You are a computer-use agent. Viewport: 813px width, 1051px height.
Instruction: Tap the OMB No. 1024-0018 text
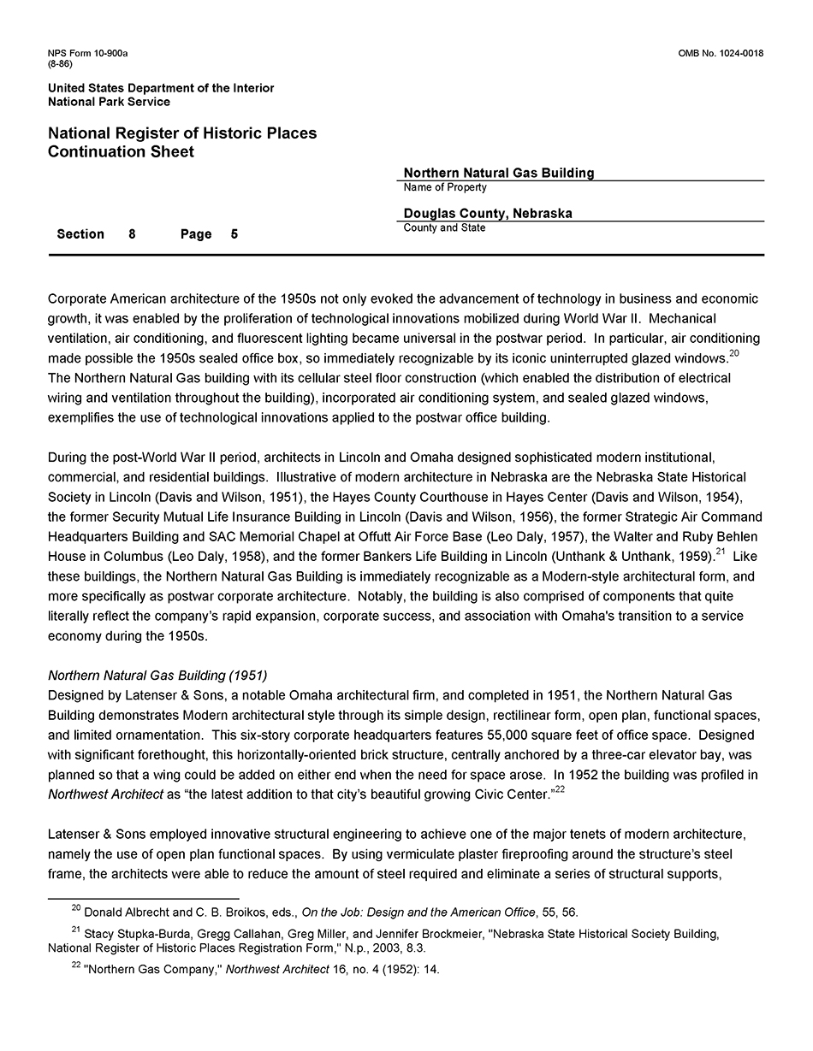[x=721, y=54]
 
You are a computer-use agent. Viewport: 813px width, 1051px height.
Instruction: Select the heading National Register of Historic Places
[x=182, y=133]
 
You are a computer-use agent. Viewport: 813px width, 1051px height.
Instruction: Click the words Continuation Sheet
[x=121, y=152]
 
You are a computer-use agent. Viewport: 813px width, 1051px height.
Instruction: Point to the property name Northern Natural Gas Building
[x=499, y=173]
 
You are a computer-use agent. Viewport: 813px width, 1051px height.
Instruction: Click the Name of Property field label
[x=445, y=187]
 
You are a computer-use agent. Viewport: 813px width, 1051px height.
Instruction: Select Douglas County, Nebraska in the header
[x=488, y=214]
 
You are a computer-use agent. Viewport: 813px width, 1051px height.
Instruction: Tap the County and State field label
[x=444, y=228]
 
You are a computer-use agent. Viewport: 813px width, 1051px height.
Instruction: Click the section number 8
[x=132, y=234]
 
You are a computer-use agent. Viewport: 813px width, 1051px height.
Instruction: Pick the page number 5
[x=234, y=234]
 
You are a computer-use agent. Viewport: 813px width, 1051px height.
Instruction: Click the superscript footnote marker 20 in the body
[x=733, y=353]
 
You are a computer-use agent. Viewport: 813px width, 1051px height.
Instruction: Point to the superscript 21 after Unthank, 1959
[x=721, y=552]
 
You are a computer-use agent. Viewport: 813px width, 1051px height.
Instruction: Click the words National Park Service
[x=109, y=102]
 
